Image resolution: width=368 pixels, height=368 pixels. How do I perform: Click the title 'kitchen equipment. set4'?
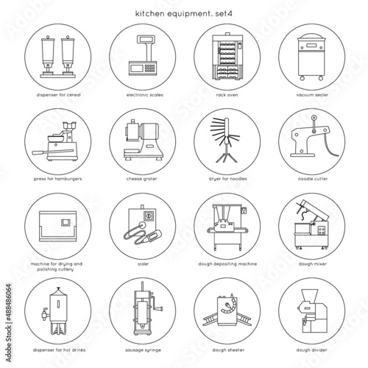(182, 13)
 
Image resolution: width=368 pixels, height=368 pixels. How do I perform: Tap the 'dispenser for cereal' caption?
(56, 94)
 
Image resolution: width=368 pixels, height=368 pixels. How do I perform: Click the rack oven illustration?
(226, 57)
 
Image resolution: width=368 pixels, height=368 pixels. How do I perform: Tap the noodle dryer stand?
(225, 141)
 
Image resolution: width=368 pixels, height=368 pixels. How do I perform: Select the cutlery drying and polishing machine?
(55, 224)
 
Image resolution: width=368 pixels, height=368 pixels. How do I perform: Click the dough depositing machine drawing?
(226, 223)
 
